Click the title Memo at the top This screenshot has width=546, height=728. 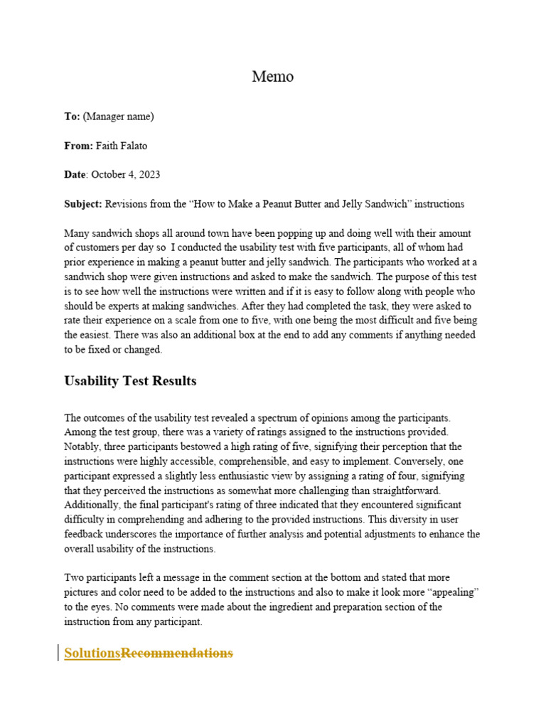[x=272, y=77]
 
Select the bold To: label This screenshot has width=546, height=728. [x=73, y=117]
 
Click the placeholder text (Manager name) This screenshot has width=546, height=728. [x=119, y=117]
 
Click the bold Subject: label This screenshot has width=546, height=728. [x=83, y=204]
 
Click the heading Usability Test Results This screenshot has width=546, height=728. [x=130, y=381]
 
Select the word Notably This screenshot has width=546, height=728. [x=83, y=446]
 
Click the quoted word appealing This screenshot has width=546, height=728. [x=457, y=592]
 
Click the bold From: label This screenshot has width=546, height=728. [x=78, y=146]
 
